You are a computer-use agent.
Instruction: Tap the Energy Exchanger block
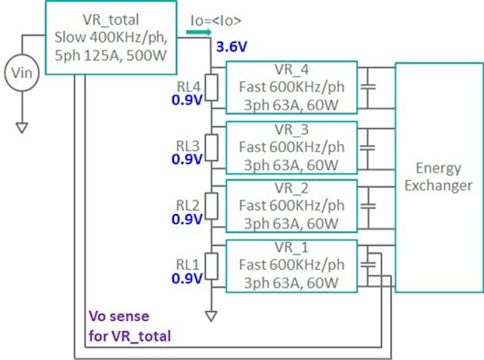[438, 177]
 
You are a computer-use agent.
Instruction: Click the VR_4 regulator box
[291, 87]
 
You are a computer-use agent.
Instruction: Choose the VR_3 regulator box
[291, 147]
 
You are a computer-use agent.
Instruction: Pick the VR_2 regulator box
[291, 205]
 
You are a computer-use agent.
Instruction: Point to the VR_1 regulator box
[291, 264]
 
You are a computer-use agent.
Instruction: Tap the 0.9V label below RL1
[187, 278]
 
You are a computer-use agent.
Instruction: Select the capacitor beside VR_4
[368, 87]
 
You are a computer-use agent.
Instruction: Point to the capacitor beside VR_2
[368, 205]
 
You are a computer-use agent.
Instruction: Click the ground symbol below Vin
[21, 127]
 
